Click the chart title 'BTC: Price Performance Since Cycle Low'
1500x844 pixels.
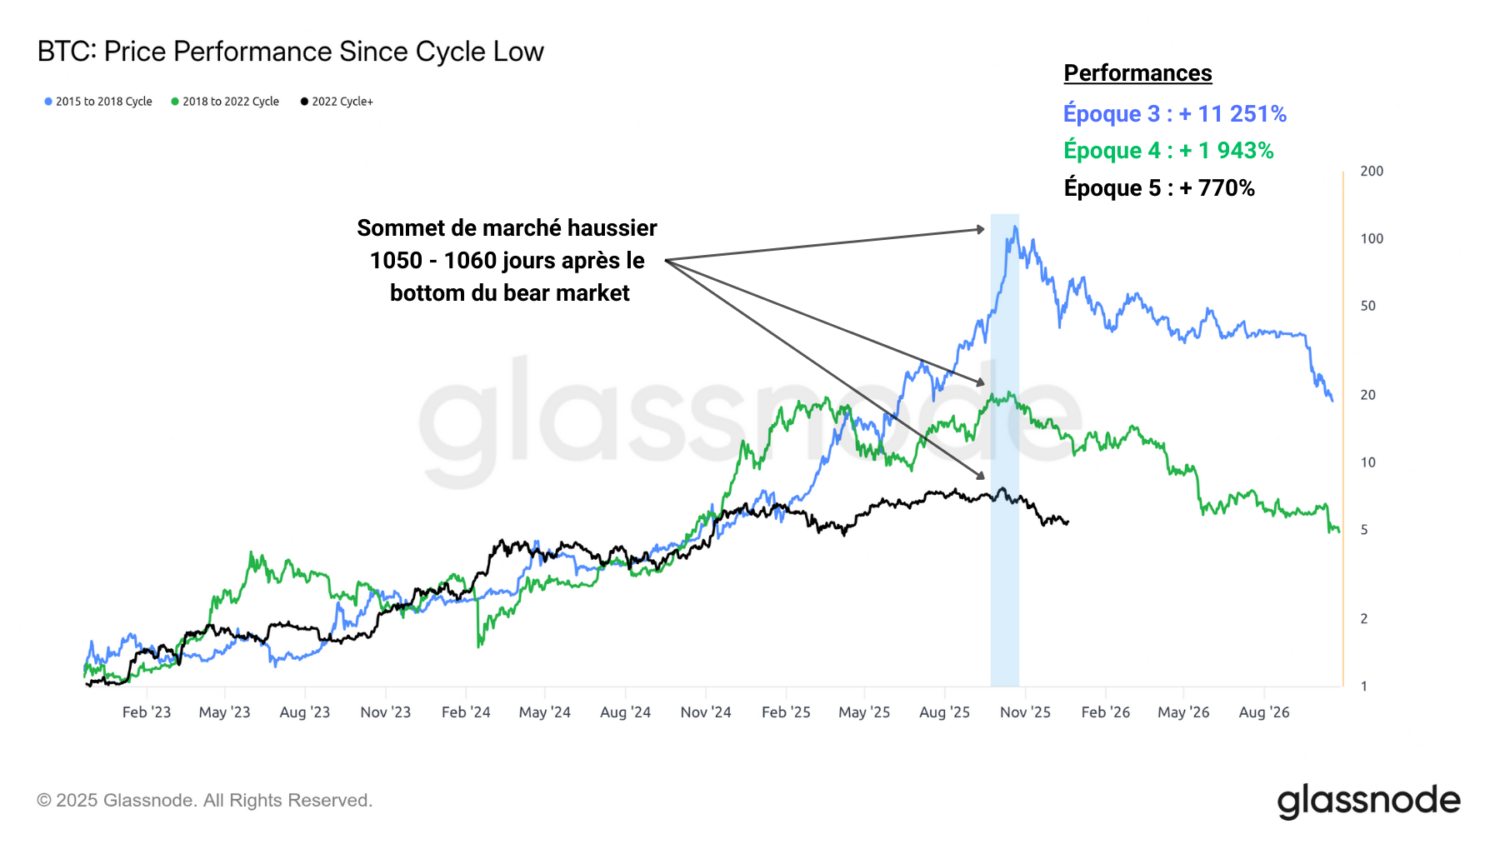pos(290,52)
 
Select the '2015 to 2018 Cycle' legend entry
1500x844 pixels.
pos(98,102)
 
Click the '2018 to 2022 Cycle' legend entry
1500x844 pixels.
pos(225,102)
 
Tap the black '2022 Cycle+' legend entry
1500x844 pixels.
pos(337,102)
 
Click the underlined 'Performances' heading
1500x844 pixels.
pos(1137,73)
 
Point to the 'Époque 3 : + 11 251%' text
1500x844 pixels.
pos(1174,113)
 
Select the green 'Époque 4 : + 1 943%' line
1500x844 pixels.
pos(1168,151)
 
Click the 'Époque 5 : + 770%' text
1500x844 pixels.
pos(1159,188)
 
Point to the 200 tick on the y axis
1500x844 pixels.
pos(1371,171)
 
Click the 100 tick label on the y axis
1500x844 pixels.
pos(1371,238)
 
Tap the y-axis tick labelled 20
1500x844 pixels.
pos(1367,395)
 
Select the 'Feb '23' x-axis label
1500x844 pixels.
pos(147,712)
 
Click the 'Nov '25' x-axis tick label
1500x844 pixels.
pos(1025,712)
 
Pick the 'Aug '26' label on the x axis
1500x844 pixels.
pos(1263,712)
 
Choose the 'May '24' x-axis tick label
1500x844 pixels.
pos(544,712)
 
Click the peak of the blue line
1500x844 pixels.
pos(1015,227)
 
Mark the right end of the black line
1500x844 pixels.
pos(1068,522)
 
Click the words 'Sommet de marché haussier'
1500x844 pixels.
pos(507,228)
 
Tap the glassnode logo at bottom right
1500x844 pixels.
pos(1368,801)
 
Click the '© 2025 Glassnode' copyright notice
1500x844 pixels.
pos(204,801)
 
